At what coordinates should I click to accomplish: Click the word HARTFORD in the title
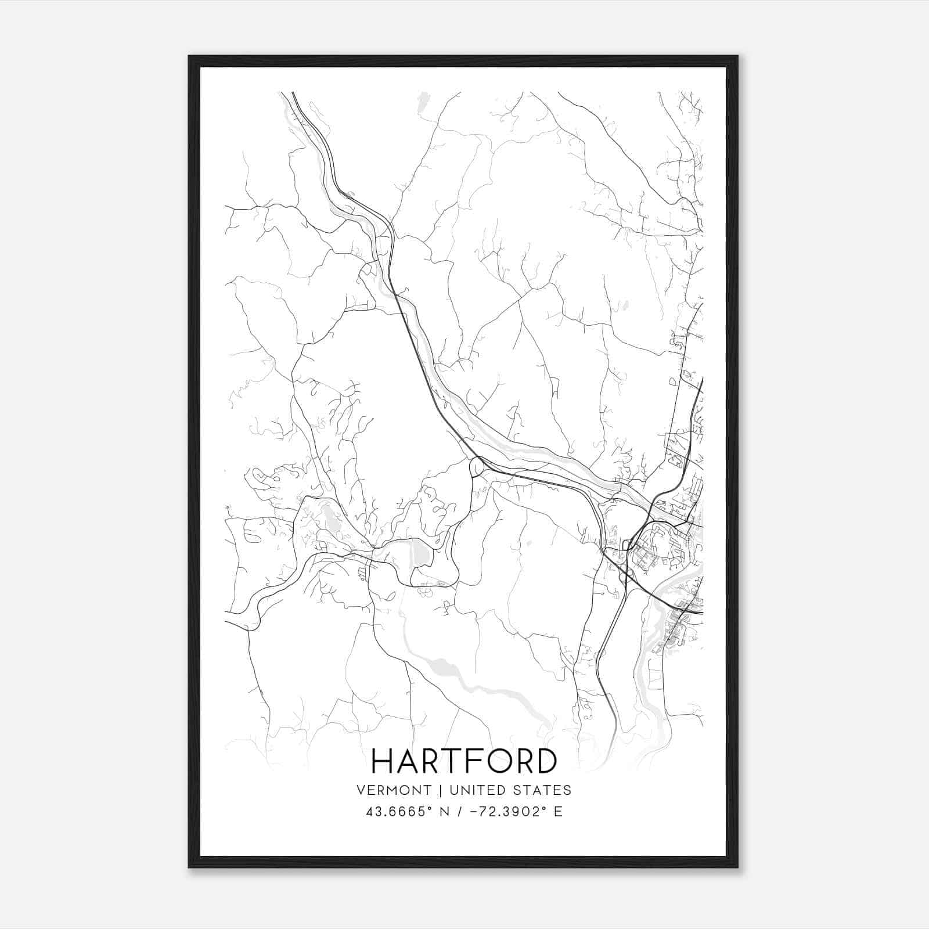464,761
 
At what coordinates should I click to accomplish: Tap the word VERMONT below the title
394,790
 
